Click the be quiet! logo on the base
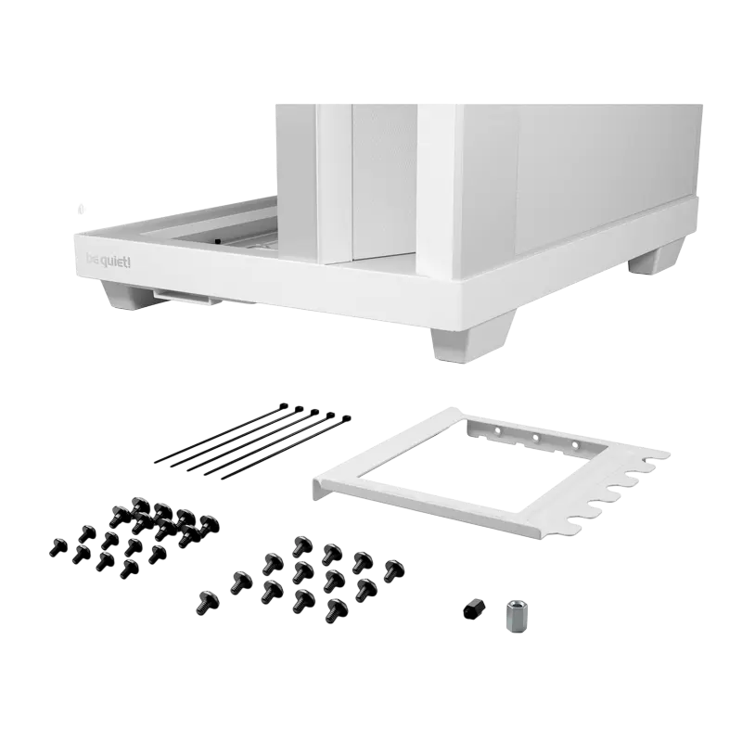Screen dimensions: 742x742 (x=109, y=262)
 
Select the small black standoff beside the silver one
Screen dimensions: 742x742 (x=472, y=608)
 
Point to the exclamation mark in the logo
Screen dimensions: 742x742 (x=129, y=262)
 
